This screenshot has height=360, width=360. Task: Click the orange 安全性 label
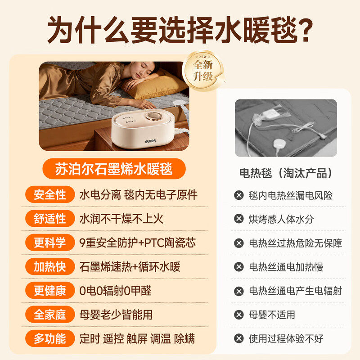click(x=49, y=195)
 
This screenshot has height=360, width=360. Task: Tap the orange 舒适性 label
click(x=49, y=219)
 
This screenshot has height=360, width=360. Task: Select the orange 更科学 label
click(x=49, y=243)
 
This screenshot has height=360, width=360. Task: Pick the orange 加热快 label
click(x=49, y=267)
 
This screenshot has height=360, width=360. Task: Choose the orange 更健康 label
click(x=49, y=291)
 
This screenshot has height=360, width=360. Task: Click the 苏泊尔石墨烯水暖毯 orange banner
click(x=114, y=170)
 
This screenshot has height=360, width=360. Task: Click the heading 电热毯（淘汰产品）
click(x=286, y=173)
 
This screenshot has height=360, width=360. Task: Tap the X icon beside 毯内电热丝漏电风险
click(x=238, y=195)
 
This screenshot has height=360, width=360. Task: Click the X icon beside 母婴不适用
click(x=238, y=315)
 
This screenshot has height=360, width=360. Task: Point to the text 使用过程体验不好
click(x=286, y=338)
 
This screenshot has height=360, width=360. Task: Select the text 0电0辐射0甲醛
click(x=115, y=291)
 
